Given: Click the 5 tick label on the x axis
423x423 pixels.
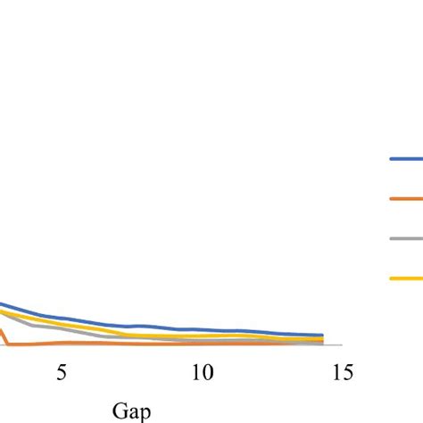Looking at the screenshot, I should coord(61,372).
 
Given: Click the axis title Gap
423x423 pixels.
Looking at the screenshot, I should coord(131,411).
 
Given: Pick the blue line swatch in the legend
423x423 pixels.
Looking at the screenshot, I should coord(406,159).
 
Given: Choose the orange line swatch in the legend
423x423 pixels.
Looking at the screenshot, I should coord(406,199).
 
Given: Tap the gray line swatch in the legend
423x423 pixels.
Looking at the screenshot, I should coord(406,238).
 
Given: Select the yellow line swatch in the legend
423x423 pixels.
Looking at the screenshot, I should coord(406,278).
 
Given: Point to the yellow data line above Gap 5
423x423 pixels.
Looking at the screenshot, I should coord(61,322).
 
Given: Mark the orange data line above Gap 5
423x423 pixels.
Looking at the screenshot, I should coord(61,342).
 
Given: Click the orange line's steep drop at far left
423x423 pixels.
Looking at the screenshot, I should coord(4,336).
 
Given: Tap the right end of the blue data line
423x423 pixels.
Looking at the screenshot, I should coord(322,335).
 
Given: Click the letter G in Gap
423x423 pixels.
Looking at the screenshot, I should coord(120,411).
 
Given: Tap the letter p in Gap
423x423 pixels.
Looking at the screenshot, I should coord(143,412).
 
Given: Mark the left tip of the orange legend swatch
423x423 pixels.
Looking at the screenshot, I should coord(391,199).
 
